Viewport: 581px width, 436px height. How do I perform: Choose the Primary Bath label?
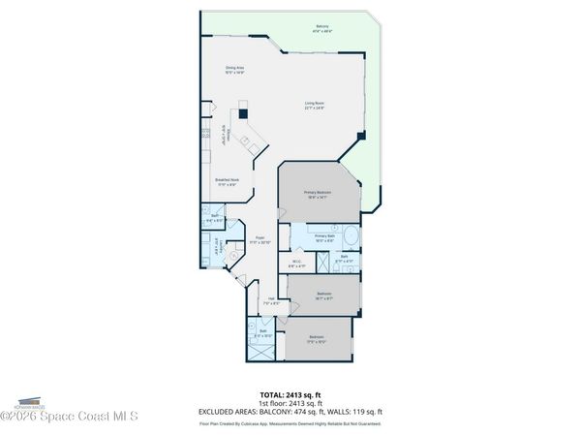point(323,237)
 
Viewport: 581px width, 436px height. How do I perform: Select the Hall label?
point(271,300)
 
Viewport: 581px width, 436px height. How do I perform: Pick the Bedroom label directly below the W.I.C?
point(324,295)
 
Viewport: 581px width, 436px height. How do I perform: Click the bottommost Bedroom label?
point(318,339)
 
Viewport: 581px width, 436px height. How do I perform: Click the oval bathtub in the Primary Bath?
point(350,238)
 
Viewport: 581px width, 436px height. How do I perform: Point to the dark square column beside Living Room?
point(361,137)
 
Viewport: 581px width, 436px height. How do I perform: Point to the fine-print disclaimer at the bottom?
point(290,423)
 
